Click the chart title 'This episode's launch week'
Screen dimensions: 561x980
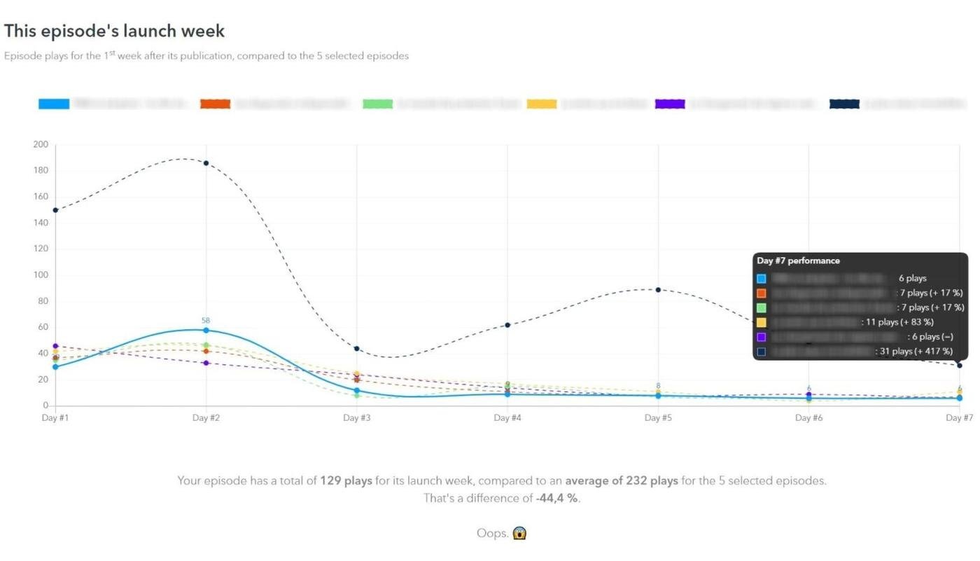(x=114, y=31)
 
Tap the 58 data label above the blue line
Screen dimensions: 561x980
(x=206, y=320)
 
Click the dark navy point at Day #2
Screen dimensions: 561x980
(x=206, y=163)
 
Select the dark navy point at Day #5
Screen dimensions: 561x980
(x=658, y=289)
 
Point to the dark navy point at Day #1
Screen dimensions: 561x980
(x=55, y=210)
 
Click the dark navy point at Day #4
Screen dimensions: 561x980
(x=507, y=325)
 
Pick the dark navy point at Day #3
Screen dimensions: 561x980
(x=356, y=348)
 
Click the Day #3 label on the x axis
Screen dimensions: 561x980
(x=356, y=418)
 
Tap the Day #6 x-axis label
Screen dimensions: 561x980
(x=808, y=418)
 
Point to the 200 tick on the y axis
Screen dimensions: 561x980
(x=41, y=144)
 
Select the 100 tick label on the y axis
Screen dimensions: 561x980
(x=41, y=275)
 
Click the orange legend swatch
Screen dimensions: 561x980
(x=215, y=104)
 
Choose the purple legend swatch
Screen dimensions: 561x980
(x=670, y=104)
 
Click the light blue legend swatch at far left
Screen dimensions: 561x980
(x=54, y=104)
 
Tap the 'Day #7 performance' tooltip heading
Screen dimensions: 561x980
(x=798, y=261)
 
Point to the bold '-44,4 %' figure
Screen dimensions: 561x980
(x=557, y=498)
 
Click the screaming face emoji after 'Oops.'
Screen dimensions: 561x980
(x=519, y=533)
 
